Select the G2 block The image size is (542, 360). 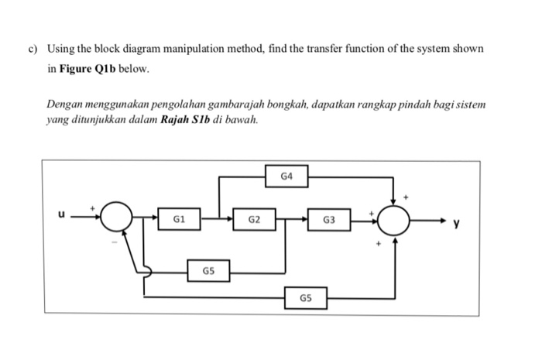point(254,219)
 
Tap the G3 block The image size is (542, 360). point(329,219)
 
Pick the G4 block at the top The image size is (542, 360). point(287,177)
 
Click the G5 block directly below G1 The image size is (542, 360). point(208,271)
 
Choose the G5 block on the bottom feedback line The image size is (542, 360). point(306,297)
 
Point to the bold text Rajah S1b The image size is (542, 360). point(187,121)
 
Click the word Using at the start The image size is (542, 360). point(60,49)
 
